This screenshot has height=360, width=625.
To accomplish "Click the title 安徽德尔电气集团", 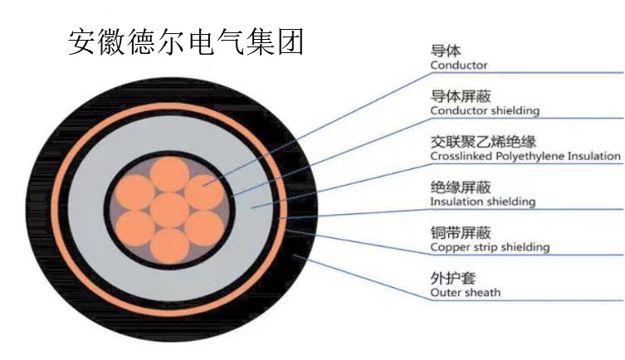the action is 186,41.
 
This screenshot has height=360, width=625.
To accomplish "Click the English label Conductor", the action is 459,66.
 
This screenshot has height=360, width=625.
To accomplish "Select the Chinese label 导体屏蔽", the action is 461,96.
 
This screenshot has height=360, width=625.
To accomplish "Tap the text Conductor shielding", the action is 485,110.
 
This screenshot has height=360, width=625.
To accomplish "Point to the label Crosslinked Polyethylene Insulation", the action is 525,156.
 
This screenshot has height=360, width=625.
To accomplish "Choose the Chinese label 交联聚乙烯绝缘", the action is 483,141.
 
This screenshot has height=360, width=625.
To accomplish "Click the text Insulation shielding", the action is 483,202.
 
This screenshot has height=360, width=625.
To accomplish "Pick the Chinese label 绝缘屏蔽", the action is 461,187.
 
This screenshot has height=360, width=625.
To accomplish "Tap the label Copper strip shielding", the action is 490,247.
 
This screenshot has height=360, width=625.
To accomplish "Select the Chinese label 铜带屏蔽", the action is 461,232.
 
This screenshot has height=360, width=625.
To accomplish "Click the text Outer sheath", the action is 465,293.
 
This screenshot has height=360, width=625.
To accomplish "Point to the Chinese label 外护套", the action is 453,278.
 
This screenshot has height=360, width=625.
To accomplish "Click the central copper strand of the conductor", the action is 169,211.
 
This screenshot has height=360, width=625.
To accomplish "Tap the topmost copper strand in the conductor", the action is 169,174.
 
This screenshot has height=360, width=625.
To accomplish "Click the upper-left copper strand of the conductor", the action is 135,192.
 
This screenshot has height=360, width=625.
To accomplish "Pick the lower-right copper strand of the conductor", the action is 204,229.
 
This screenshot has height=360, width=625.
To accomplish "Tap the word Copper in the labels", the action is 446,248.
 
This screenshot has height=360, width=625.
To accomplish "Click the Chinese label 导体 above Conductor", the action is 445,51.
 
